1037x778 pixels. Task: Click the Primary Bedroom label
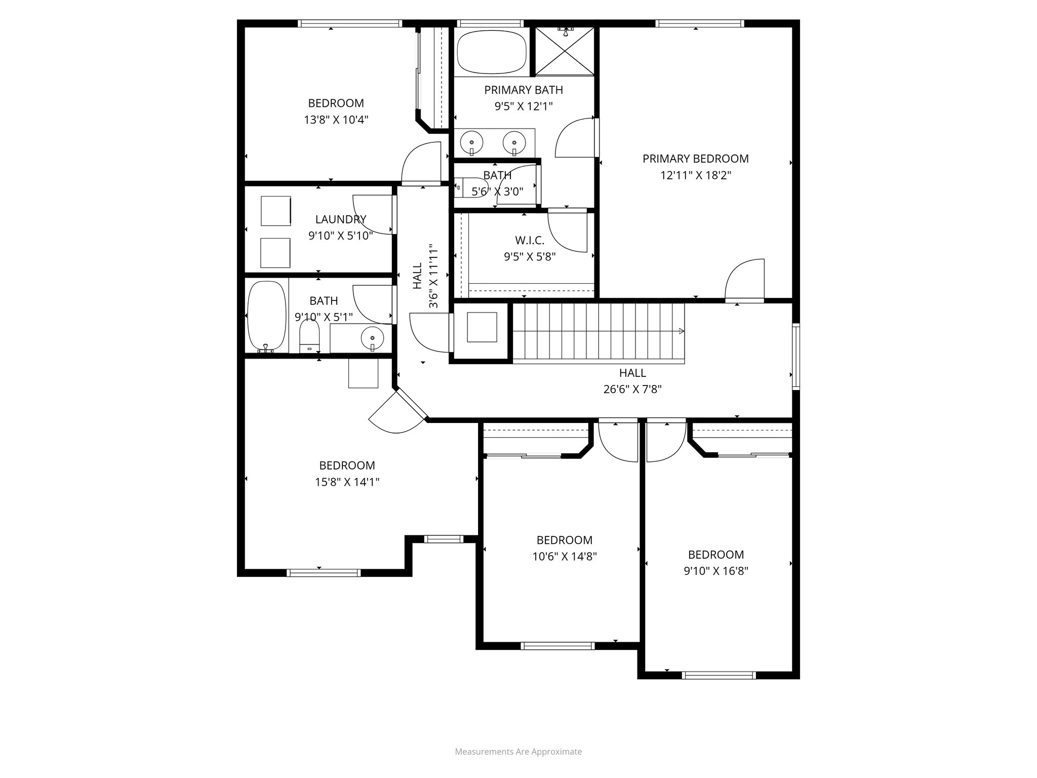pyautogui.click(x=695, y=159)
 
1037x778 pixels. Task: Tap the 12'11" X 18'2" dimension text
pyautogui.click(x=695, y=175)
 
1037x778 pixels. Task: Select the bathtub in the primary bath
pyautogui.click(x=491, y=52)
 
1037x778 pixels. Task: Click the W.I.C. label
pyautogui.click(x=530, y=240)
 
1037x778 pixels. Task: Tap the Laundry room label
pyautogui.click(x=340, y=219)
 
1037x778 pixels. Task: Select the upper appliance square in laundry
pyautogui.click(x=276, y=211)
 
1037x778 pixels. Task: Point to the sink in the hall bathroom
pyautogui.click(x=373, y=338)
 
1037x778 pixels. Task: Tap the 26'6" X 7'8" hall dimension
pyautogui.click(x=632, y=389)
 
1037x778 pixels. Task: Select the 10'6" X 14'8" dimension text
pyautogui.click(x=564, y=557)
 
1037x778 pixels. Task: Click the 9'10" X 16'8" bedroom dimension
pyautogui.click(x=716, y=571)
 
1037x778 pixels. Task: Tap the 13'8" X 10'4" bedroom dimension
pyautogui.click(x=336, y=120)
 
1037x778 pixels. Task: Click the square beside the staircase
pyautogui.click(x=482, y=327)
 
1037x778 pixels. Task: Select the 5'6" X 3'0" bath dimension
pyautogui.click(x=497, y=191)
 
